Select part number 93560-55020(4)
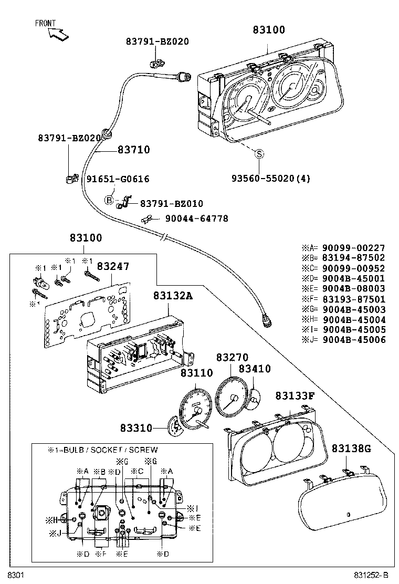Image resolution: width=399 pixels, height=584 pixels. pos(270,179)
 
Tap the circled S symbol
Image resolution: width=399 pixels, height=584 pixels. pos(259,154)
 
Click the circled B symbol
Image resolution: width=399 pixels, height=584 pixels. pos(109,200)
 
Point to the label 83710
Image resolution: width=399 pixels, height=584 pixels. pos(133,150)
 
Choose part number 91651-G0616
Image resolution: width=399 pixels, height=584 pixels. pos(118,179)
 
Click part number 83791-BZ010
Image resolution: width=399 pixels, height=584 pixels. pos(171,204)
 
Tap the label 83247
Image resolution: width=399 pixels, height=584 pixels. pos(112,267)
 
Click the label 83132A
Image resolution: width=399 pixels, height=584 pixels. pos(173,296)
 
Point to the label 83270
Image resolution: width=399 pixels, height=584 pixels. pos(232,358)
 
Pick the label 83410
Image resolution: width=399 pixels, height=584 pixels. pos(255,369)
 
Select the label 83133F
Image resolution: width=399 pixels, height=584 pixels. pos(295,395)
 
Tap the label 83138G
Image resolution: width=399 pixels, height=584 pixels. pos(351,448)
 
